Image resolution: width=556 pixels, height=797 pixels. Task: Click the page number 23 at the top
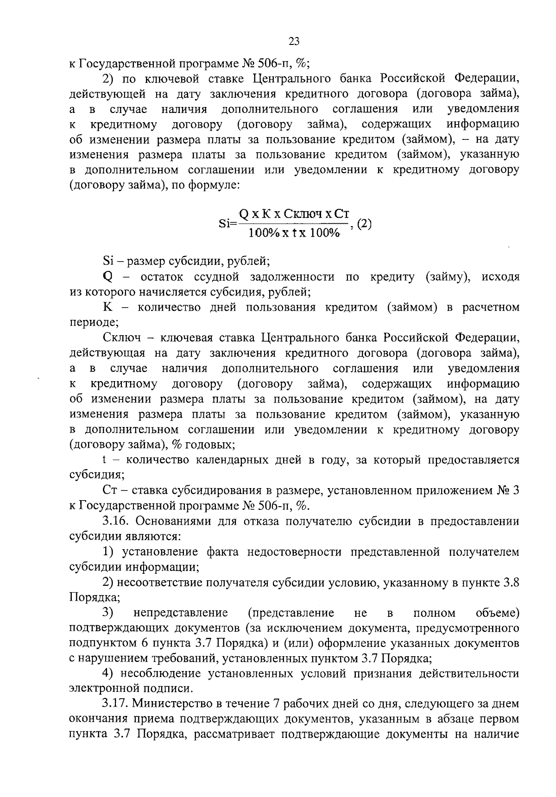pos(294,42)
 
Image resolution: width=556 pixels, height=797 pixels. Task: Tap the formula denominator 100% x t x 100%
pos(294,233)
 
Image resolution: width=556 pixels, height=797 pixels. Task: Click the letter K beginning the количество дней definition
pos(107,308)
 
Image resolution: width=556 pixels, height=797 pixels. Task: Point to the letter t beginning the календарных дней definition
pos(105,460)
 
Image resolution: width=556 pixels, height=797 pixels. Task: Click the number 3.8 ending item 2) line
pos(511,582)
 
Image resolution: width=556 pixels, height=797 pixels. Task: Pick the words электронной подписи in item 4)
pos(130,689)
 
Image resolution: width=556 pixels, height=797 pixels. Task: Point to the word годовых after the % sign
pos(210,445)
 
